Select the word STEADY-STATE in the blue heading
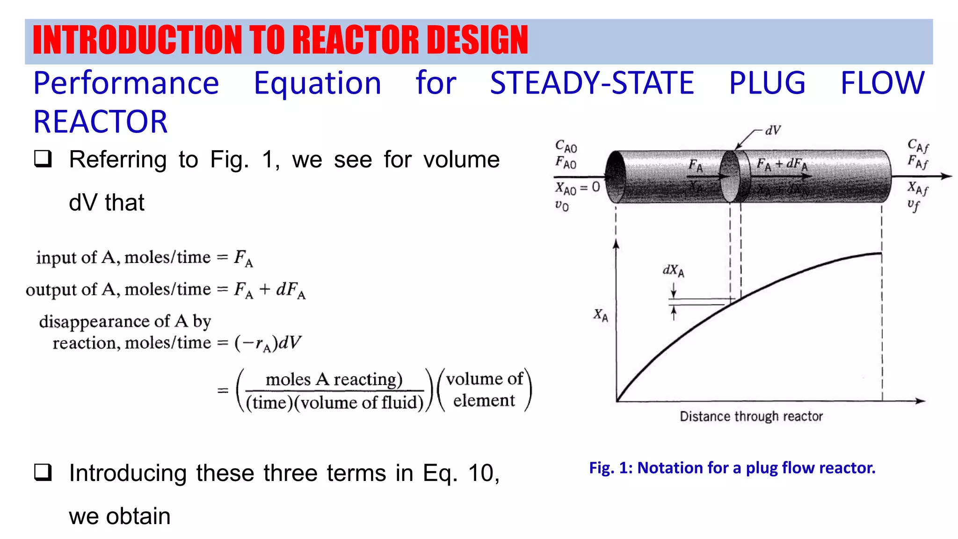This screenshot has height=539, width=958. pyautogui.click(x=592, y=83)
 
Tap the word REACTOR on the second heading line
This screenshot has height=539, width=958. pyautogui.click(x=100, y=122)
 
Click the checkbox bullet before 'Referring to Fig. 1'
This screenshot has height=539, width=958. pyautogui.click(x=43, y=159)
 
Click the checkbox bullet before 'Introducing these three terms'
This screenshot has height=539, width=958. pyautogui.click(x=43, y=472)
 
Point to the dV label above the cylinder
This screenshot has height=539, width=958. pyautogui.click(x=773, y=131)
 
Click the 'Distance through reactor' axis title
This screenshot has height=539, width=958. pyautogui.click(x=751, y=416)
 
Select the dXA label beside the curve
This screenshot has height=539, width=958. pyautogui.click(x=673, y=271)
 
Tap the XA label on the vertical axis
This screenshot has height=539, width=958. pyautogui.click(x=601, y=315)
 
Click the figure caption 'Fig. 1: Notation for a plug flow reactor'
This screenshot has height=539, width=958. pyautogui.click(x=732, y=467)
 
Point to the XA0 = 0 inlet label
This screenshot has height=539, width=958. pyautogui.click(x=577, y=188)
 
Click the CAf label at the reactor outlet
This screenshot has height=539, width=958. pyautogui.click(x=918, y=146)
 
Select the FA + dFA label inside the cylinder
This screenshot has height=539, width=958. pyautogui.click(x=782, y=164)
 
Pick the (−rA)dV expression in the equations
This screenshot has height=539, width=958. pyautogui.click(x=268, y=343)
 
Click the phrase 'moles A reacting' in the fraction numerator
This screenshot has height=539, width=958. pyautogui.click(x=334, y=379)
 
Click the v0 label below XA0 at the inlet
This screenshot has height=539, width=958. pyautogui.click(x=562, y=205)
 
